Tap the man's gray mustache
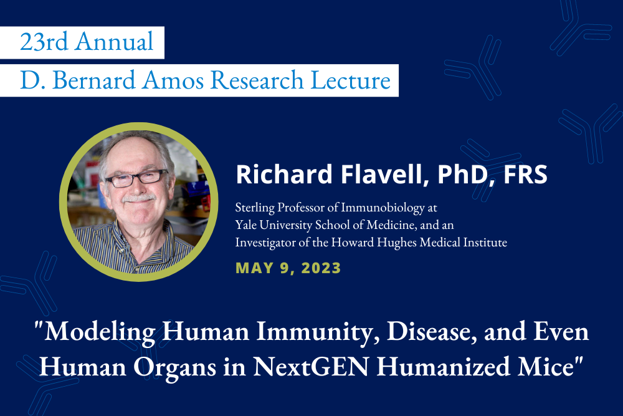(138, 198)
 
